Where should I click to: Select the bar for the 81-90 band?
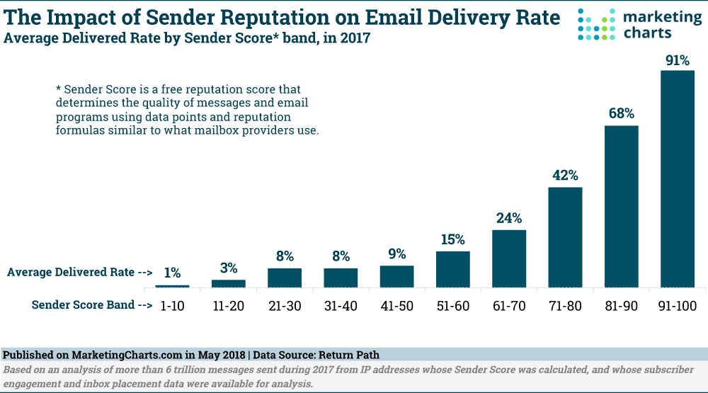click(x=621, y=206)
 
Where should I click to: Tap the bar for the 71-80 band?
click(x=565, y=237)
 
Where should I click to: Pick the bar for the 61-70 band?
click(x=509, y=258)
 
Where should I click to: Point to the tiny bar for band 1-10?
click(x=172, y=286)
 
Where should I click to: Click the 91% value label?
click(x=677, y=61)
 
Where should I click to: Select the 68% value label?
click(x=621, y=114)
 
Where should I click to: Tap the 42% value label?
click(x=565, y=175)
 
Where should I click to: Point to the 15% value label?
click(x=452, y=239)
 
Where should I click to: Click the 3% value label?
click(x=228, y=268)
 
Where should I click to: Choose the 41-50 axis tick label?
click(x=396, y=306)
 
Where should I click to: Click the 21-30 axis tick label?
click(x=284, y=306)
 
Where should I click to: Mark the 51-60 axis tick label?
click(x=452, y=306)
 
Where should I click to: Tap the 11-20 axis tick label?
click(x=228, y=306)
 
